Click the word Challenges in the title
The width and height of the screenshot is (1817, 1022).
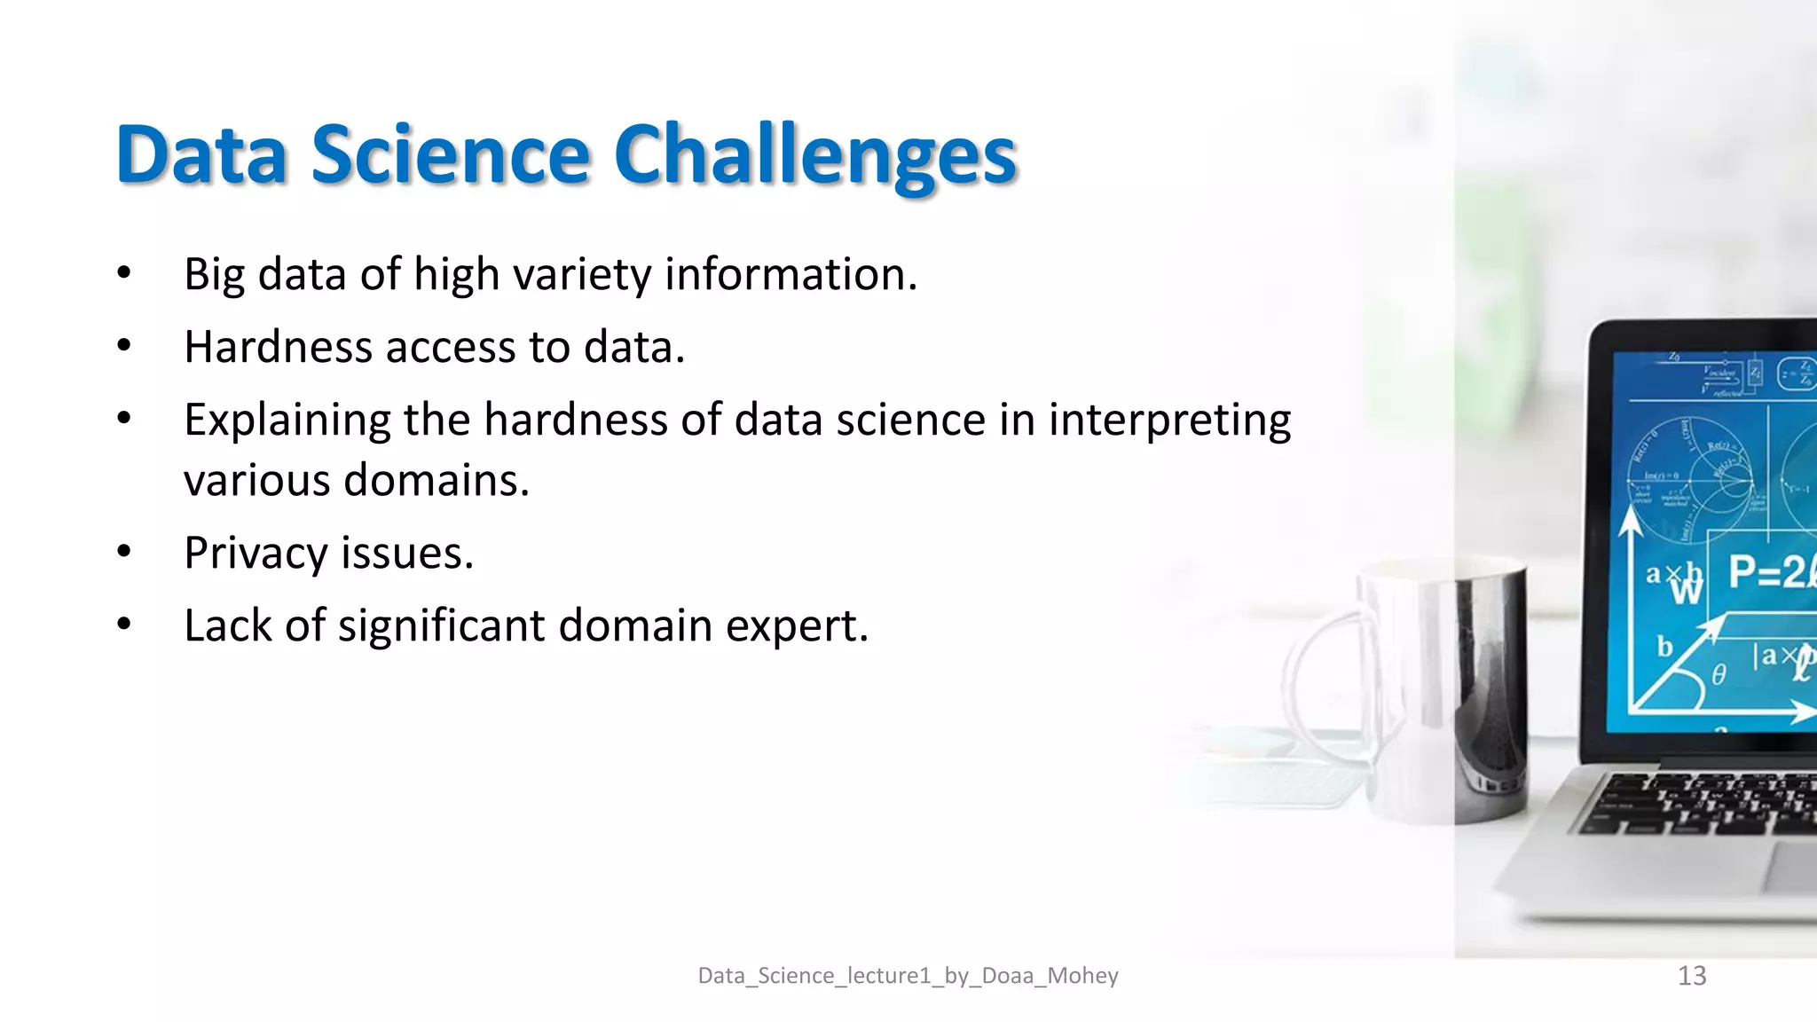click(x=814, y=156)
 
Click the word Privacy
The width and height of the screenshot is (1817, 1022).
click(x=256, y=554)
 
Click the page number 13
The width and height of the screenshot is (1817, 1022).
click(x=1692, y=975)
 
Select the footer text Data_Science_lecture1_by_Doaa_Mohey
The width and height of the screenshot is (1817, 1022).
click(x=908, y=975)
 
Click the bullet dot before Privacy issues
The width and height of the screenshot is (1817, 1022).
click(x=124, y=552)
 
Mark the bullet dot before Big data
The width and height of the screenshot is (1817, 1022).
click(x=124, y=272)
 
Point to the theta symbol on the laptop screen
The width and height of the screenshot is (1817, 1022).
click(x=1719, y=675)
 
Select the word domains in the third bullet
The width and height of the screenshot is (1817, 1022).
click(x=436, y=481)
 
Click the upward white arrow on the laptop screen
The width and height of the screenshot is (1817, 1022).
click(x=1631, y=523)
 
